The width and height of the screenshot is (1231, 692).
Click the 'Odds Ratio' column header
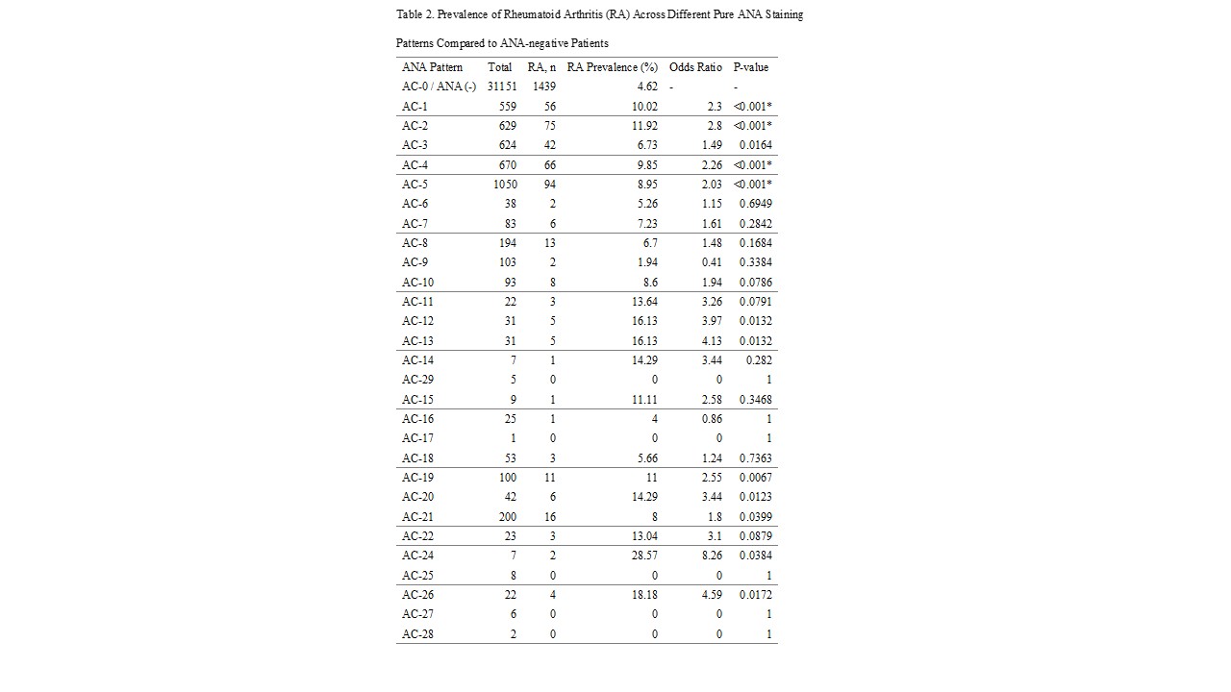tap(695, 67)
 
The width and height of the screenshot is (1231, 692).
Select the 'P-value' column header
tap(750, 67)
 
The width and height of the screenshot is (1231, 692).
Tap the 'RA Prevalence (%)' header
tap(613, 67)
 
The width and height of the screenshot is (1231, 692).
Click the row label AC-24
tap(417, 556)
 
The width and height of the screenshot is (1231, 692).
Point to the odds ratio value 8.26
tap(712, 556)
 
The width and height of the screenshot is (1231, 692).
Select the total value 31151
tap(502, 86)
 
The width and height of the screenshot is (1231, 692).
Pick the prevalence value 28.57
tap(643, 556)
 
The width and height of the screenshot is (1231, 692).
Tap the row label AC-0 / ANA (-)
tap(439, 86)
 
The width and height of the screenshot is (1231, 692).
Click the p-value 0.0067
tap(755, 478)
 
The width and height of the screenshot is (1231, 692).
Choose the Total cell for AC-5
tap(505, 185)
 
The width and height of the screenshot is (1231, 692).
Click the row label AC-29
tap(417, 380)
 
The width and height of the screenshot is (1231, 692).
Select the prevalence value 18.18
tap(643, 595)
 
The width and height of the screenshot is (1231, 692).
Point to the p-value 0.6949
tap(755, 204)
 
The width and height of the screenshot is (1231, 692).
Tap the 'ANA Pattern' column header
tap(432, 67)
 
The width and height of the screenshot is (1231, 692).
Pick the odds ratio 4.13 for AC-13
tap(712, 341)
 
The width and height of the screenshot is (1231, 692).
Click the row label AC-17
tap(417, 438)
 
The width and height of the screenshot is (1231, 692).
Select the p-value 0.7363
tap(755, 458)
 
